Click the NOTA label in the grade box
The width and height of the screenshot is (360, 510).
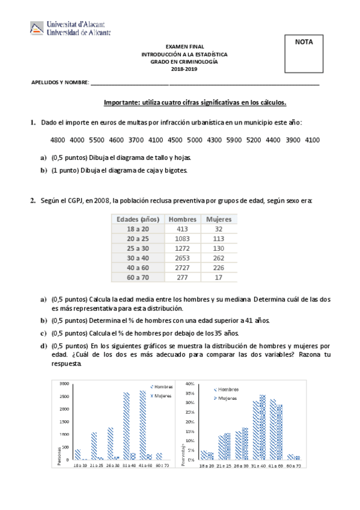click(x=304, y=42)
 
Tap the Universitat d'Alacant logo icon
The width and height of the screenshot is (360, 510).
click(x=37, y=28)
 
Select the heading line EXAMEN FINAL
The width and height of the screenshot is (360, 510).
click(x=185, y=46)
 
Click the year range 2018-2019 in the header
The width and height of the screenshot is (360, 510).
click(x=185, y=69)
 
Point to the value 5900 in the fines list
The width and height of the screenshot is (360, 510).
click(x=233, y=140)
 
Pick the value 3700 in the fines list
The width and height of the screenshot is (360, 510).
click(x=136, y=140)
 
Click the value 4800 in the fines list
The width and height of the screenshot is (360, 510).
click(x=58, y=140)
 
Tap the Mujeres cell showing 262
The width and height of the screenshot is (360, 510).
click(x=219, y=258)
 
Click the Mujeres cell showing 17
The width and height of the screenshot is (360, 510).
click(x=219, y=277)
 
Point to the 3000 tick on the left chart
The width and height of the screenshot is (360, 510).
click(x=63, y=383)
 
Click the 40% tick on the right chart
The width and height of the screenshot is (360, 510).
click(x=190, y=383)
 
